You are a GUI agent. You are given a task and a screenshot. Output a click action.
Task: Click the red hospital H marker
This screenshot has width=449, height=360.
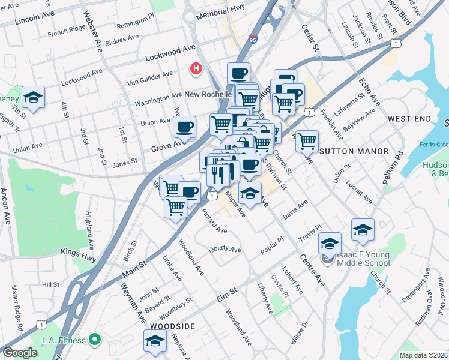[196, 70]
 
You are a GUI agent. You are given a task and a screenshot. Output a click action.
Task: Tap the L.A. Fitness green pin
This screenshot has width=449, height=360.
[94, 340]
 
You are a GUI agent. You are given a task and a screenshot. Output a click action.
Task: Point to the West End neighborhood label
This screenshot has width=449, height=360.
[409, 119]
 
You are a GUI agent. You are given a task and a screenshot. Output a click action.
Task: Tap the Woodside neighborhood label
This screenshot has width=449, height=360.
[172, 326]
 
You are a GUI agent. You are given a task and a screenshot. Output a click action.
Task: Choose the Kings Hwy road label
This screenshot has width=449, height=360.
[78, 254]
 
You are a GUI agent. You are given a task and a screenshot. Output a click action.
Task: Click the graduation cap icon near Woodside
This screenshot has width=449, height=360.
[155, 340]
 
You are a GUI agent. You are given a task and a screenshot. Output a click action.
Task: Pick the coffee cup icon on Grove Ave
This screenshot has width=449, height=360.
[184, 127]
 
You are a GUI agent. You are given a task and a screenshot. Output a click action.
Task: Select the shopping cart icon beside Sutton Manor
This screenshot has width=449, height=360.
[307, 141]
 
